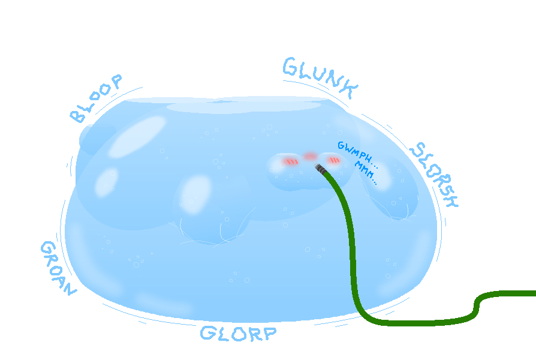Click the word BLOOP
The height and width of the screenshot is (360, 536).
[x=96, y=98]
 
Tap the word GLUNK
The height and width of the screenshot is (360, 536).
[x=320, y=77]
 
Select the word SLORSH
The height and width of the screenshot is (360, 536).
[x=434, y=175]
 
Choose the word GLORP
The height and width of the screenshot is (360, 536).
[x=238, y=334]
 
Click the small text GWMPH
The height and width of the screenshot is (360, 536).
[x=358, y=155]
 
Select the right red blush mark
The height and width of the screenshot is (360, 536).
[x=333, y=160]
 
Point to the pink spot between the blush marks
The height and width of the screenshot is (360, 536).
[x=311, y=157]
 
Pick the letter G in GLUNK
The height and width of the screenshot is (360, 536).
[x=291, y=66]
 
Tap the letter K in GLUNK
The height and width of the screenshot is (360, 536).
[x=350, y=89]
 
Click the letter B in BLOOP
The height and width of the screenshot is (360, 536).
[x=77, y=116]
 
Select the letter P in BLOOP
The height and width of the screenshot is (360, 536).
[x=116, y=81]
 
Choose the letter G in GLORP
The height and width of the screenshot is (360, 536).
[x=208, y=332]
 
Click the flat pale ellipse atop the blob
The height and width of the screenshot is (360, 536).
[x=243, y=106]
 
